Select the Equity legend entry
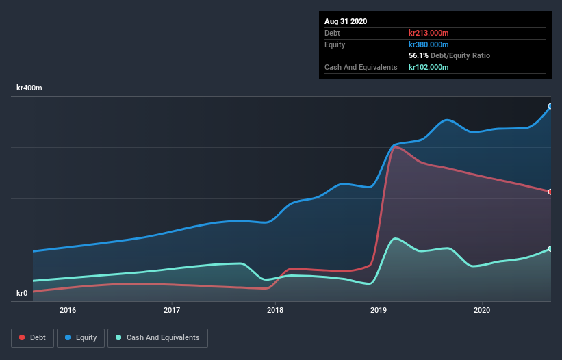pyautogui.click(x=81, y=337)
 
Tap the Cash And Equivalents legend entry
pyautogui.click(x=158, y=337)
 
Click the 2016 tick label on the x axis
pyautogui.click(x=68, y=310)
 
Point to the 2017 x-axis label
pyautogui.click(x=172, y=310)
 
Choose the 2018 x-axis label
pyautogui.click(x=275, y=310)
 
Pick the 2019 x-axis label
pyautogui.click(x=379, y=310)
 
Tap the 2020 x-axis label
pyautogui.click(x=482, y=310)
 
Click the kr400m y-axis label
pyautogui.click(x=30, y=88)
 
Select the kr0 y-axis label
pyautogui.click(x=22, y=294)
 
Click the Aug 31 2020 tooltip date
pyautogui.click(x=346, y=21)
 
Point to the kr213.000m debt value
pyautogui.click(x=429, y=33)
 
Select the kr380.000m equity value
pyautogui.click(x=429, y=44)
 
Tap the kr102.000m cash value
pyautogui.click(x=429, y=67)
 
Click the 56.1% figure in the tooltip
pyautogui.click(x=418, y=55)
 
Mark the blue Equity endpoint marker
pyautogui.click(x=550, y=106)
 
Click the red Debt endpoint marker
pyautogui.click(x=550, y=192)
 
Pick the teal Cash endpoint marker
pyautogui.click(x=550, y=248)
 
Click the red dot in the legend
pyautogui.click(x=23, y=337)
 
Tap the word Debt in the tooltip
pyautogui.click(x=333, y=33)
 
